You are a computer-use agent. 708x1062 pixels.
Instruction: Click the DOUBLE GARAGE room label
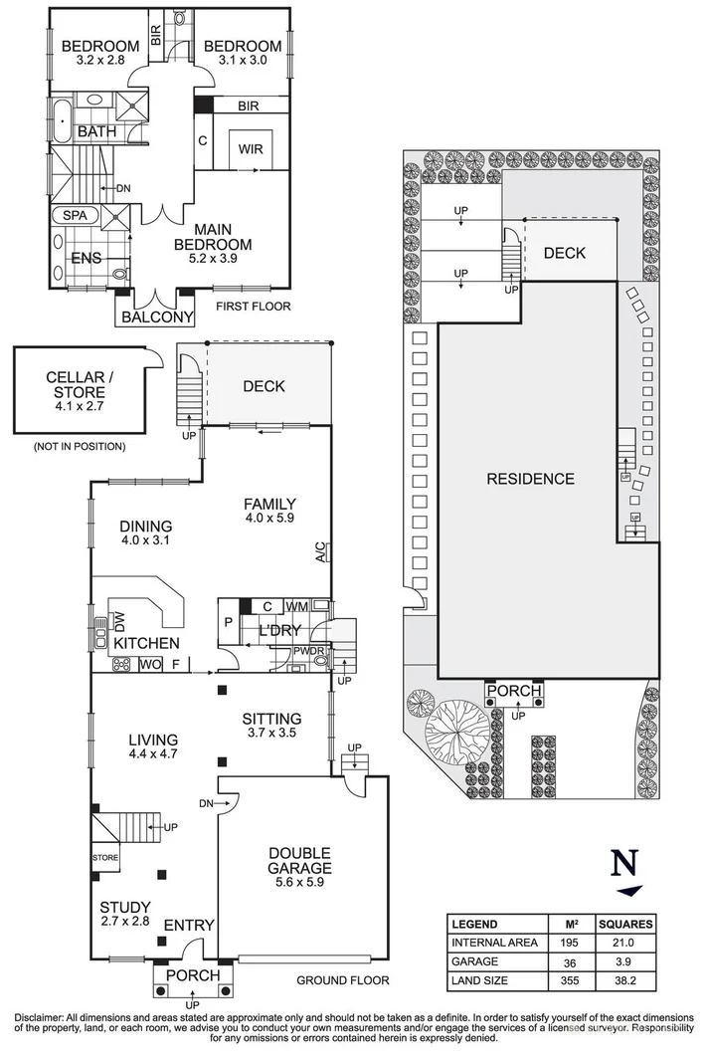tap(298, 861)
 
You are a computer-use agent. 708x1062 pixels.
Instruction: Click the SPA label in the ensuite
tap(75, 215)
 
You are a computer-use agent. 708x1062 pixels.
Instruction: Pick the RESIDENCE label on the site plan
tap(530, 479)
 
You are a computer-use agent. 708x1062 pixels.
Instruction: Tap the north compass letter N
tap(624, 861)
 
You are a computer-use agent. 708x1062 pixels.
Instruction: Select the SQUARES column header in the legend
tap(623, 924)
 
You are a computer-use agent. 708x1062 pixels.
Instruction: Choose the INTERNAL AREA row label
tap(494, 943)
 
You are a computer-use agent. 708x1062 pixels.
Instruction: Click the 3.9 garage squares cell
tap(623, 962)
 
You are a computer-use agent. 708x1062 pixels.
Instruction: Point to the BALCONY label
tap(156, 318)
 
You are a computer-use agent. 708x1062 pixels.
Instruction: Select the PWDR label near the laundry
tap(306, 653)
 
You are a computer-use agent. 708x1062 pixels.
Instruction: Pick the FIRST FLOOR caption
tap(254, 307)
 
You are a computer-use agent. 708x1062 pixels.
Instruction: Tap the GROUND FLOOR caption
tap(343, 980)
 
